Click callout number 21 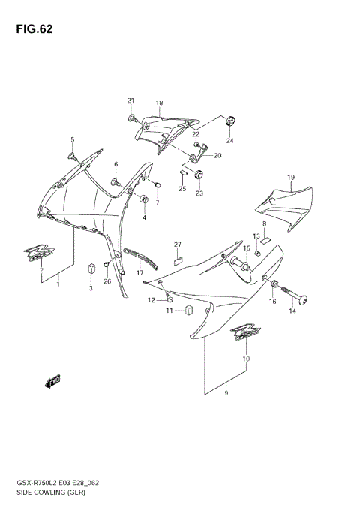tap(130, 101)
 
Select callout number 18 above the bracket tap(159, 103)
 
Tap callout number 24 tap(229, 141)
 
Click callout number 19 tap(289, 177)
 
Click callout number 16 tap(273, 301)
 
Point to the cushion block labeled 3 tap(91, 268)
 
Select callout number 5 tap(73, 140)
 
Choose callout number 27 tap(178, 244)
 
